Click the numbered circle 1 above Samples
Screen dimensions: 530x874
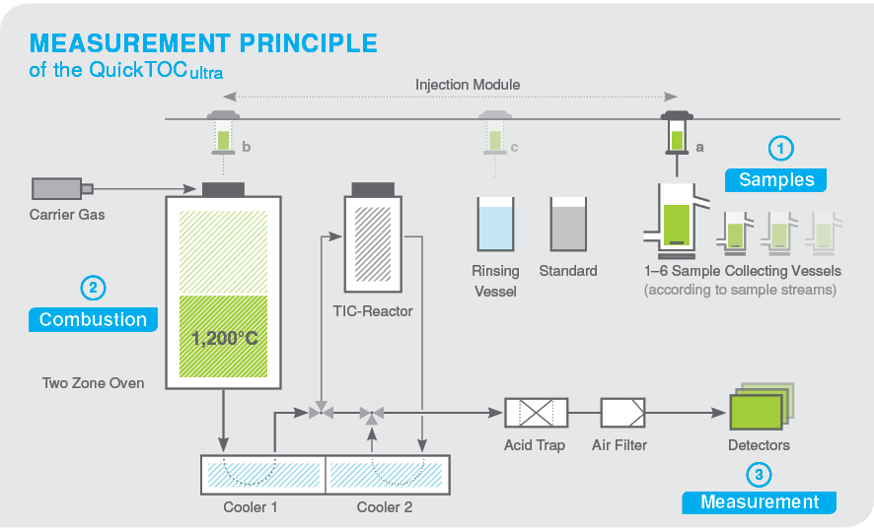pos(781,149)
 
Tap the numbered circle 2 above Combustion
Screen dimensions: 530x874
pos(93,289)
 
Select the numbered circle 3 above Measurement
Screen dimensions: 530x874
pos(759,475)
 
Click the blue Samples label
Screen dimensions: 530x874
pos(776,179)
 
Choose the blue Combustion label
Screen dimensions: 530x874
pos(93,319)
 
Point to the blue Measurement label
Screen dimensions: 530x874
pos(759,501)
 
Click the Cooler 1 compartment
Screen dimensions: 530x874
pos(262,475)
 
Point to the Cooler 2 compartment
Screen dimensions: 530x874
pos(387,475)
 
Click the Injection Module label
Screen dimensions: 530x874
pos(468,85)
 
